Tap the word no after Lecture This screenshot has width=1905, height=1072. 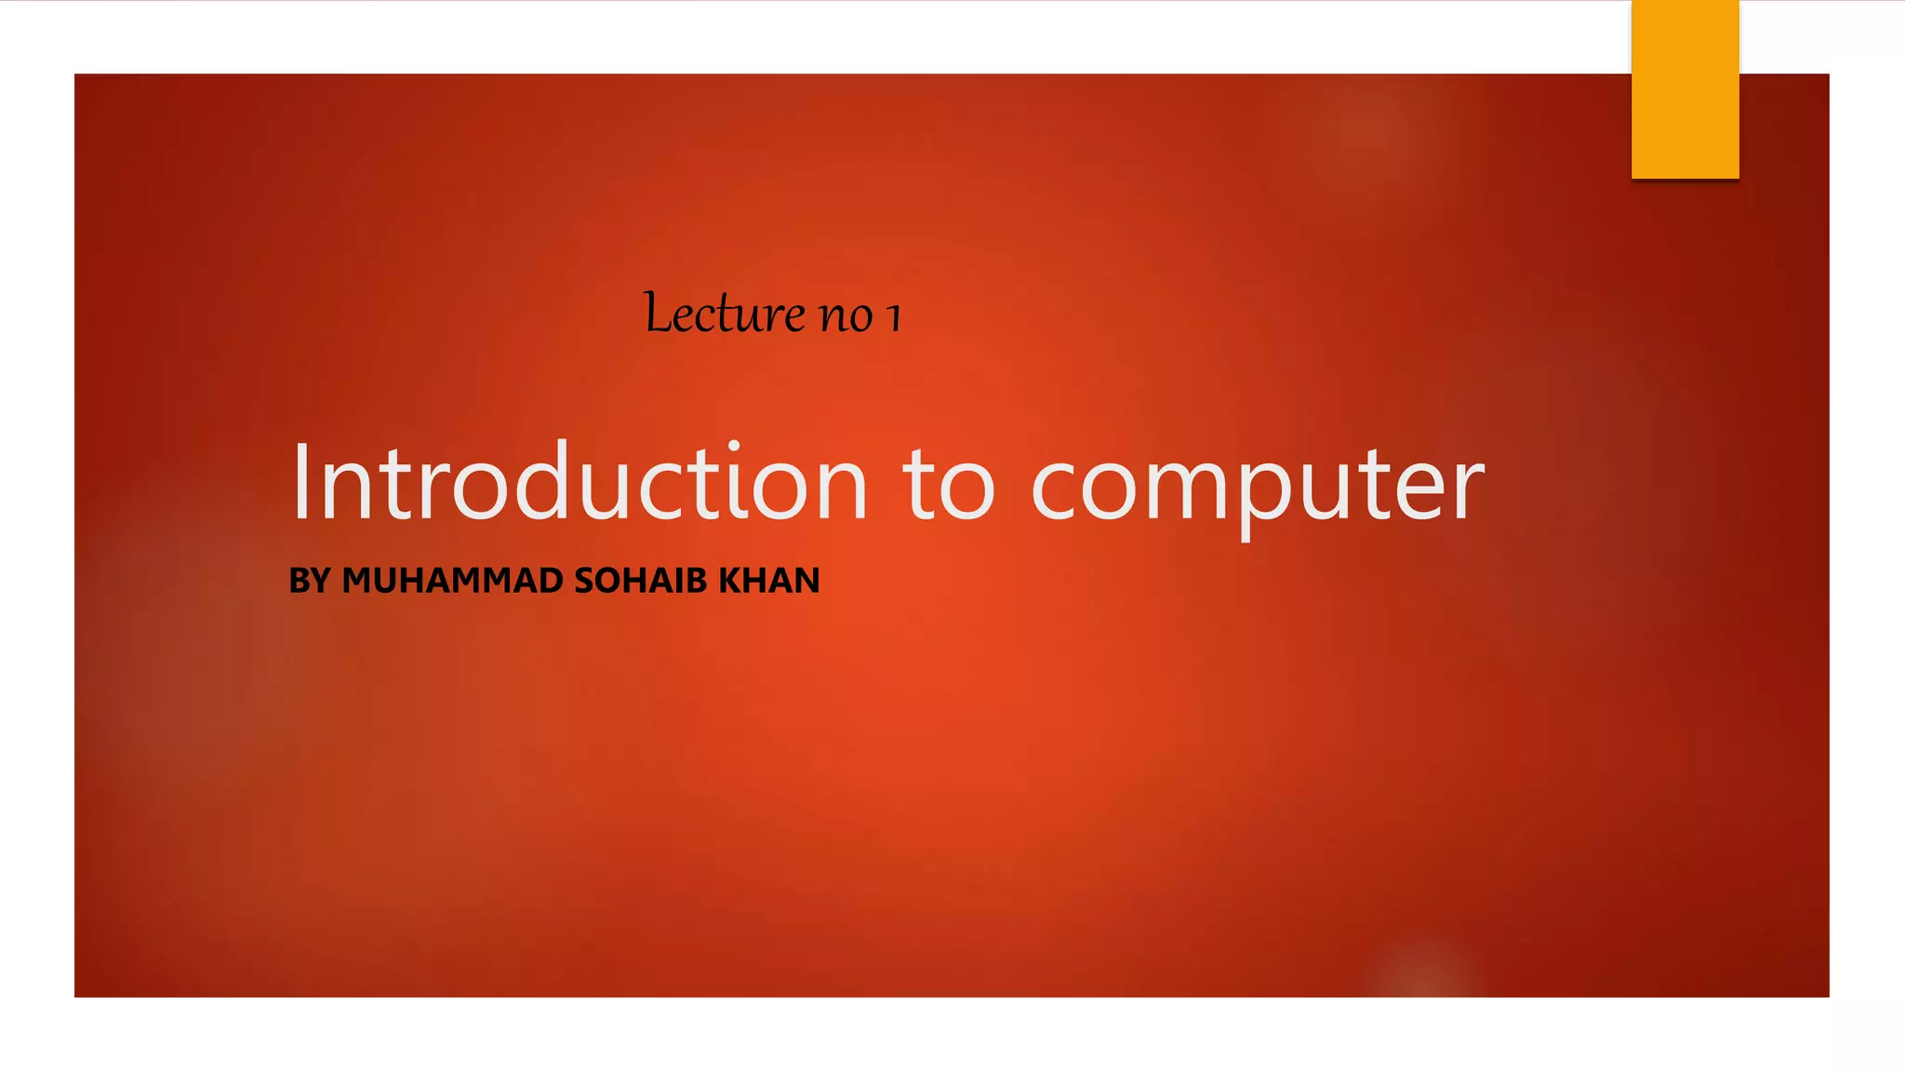[x=846, y=316]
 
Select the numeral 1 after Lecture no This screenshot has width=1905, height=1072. [x=894, y=316]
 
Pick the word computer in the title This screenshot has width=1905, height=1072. [x=1258, y=486]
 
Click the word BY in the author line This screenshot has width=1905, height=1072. [x=310, y=581]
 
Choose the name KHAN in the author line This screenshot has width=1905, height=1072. [x=769, y=581]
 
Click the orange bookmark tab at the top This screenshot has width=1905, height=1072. [x=1685, y=88]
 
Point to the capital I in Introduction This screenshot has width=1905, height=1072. [x=301, y=482]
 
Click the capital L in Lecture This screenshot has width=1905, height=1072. [x=658, y=313]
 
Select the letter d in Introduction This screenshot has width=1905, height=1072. [x=541, y=480]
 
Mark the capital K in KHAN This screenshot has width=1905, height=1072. [x=730, y=581]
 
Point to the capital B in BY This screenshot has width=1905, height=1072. [x=299, y=581]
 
